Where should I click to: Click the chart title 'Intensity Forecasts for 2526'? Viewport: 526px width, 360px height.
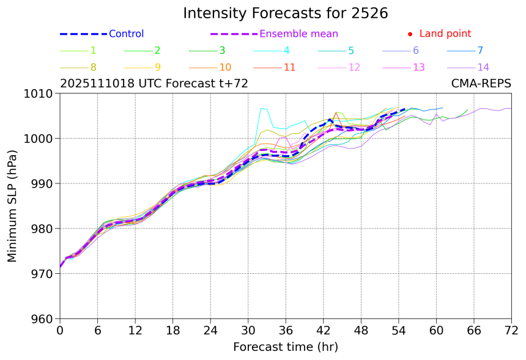pos(285,13)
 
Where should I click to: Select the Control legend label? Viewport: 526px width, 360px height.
pos(126,34)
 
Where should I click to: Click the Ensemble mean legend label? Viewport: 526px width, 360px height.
pos(298,34)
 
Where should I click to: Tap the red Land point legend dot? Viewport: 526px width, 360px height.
pos(410,34)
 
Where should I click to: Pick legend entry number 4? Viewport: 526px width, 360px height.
pos(287,51)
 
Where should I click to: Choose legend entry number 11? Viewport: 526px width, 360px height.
pos(289,67)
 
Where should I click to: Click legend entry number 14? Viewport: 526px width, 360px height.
pos(483,67)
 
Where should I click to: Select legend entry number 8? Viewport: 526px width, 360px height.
pos(93,67)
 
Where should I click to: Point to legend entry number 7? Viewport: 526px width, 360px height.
pos(480,51)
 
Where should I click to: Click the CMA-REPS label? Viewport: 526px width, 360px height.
pos(481,84)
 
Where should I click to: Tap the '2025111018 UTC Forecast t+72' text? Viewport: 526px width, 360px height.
pos(154,84)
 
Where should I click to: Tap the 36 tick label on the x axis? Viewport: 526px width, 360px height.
pos(286,330)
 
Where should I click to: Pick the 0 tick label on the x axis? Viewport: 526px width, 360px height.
pos(60,330)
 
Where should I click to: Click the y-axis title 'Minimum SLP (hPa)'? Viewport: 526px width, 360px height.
pos(12,206)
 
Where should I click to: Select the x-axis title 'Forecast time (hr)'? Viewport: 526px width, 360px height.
pos(285,347)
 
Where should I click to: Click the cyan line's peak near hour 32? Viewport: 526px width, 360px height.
pos(261,108)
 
